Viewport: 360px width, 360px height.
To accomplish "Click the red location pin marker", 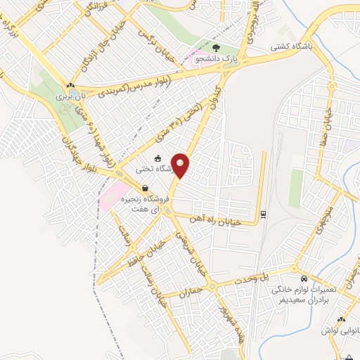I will [181, 166].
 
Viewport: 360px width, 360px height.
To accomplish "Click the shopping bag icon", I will [144, 188].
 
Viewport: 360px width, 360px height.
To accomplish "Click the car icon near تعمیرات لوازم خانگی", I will [303, 278].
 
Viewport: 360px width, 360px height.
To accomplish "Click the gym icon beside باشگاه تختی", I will [158, 157].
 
